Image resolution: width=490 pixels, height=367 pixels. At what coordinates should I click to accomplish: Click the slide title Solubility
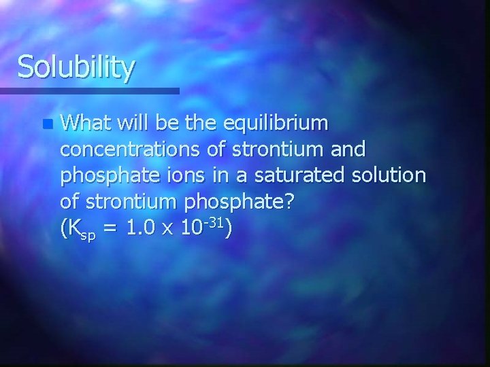click(x=76, y=68)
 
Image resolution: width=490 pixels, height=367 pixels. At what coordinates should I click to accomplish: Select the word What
click(x=86, y=124)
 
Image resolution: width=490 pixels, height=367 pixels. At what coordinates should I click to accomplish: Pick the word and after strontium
click(x=347, y=149)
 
